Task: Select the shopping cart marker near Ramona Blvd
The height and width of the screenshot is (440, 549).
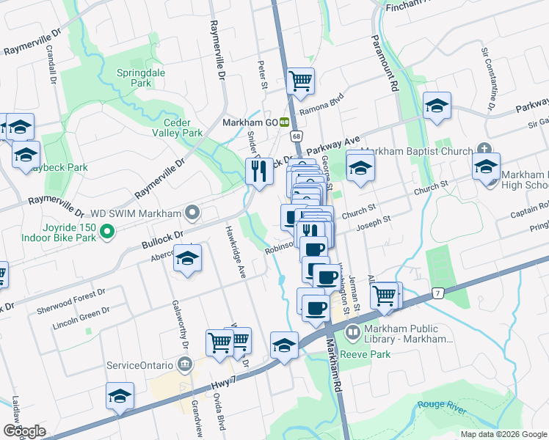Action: (x=301, y=81)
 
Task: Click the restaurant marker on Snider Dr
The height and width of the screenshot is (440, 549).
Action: (x=258, y=172)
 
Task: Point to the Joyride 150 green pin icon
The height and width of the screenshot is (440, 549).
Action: (x=107, y=234)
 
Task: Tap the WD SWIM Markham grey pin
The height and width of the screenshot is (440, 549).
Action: (x=193, y=213)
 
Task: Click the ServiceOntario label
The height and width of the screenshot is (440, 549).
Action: (x=139, y=364)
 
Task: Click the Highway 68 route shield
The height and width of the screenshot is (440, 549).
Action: (x=296, y=136)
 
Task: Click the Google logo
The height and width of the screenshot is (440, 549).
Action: (x=24, y=430)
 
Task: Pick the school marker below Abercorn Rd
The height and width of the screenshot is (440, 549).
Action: (x=188, y=260)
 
